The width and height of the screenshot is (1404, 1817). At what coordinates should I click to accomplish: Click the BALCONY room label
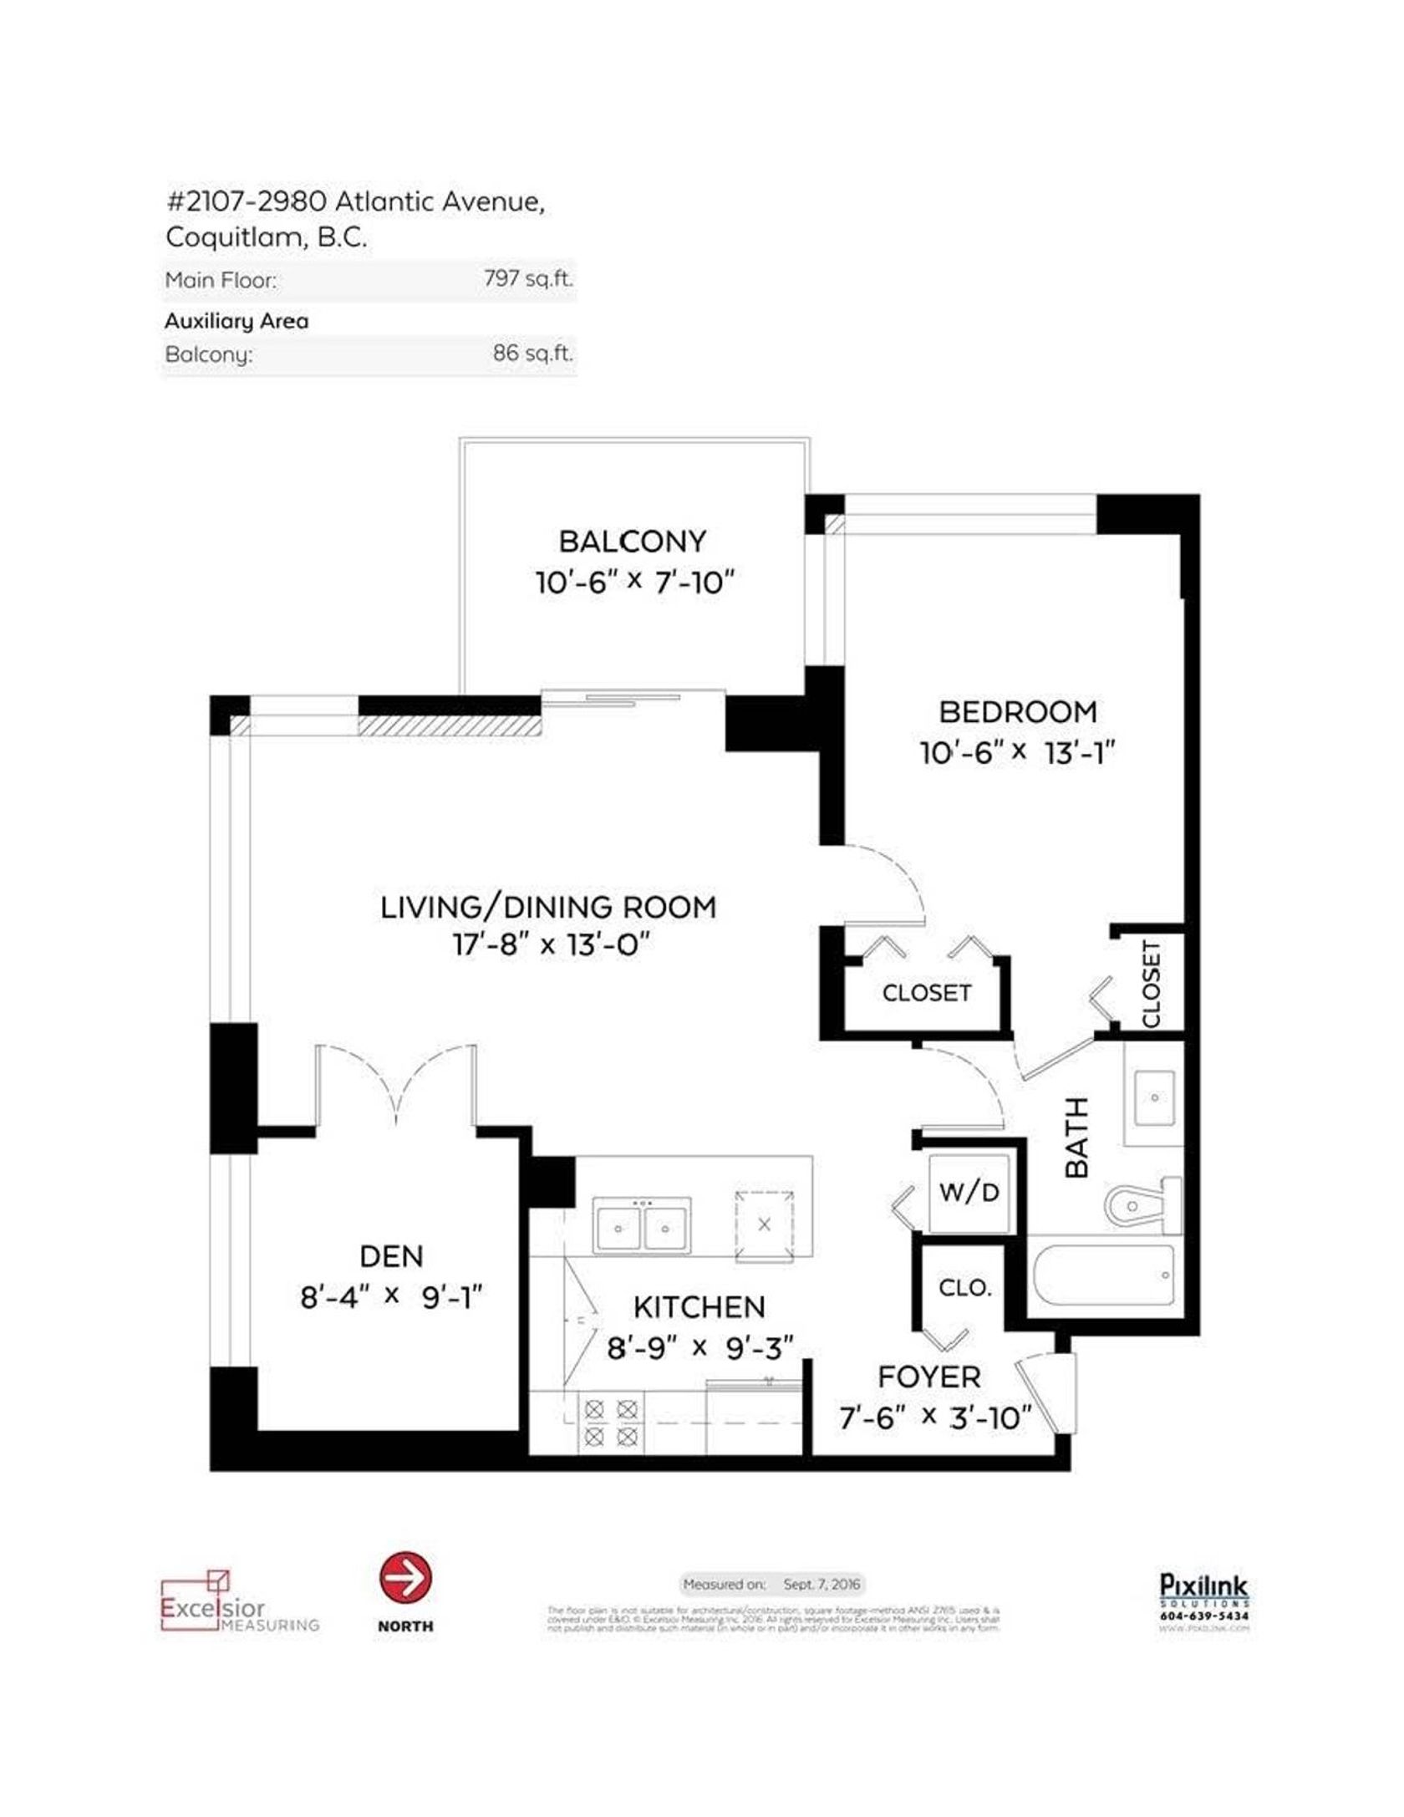pos(632,542)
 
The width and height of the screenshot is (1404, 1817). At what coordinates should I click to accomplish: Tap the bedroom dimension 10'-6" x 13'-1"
pos(1017,753)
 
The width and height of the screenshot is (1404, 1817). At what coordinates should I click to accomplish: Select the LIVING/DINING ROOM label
pos(548,907)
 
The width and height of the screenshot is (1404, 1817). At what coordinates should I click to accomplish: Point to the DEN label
pos(391,1256)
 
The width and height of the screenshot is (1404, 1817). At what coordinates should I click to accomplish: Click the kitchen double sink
pos(642,1225)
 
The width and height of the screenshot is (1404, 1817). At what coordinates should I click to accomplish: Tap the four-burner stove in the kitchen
pos(610,1424)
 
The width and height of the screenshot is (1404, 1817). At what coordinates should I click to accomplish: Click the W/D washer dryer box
pos(969,1192)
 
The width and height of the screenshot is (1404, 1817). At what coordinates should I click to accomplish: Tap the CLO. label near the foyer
pos(965,1288)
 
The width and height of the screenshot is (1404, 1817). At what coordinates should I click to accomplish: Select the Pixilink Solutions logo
pos(1203,1597)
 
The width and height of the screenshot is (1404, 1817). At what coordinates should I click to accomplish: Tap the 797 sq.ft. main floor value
pos(528,278)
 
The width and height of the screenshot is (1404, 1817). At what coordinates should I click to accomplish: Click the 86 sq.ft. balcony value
pos(532,353)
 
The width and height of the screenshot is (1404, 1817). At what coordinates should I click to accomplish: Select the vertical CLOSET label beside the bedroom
pos(1152,984)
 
